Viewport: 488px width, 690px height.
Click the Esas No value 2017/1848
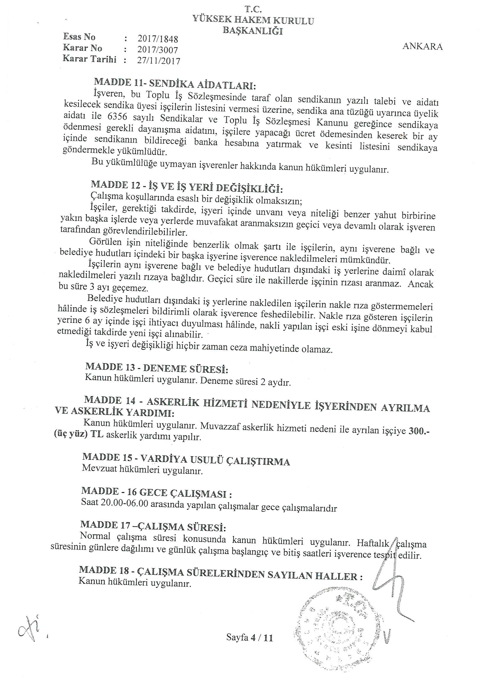(x=158, y=39)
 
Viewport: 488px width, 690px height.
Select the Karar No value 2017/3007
(x=158, y=50)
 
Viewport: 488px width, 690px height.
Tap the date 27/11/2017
(x=159, y=61)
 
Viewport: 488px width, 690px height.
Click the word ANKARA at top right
(x=422, y=47)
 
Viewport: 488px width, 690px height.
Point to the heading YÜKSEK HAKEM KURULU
(x=253, y=20)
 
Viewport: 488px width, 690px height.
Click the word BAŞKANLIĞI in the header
(x=253, y=30)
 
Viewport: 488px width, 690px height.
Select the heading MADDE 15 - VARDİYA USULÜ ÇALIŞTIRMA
(x=186, y=460)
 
